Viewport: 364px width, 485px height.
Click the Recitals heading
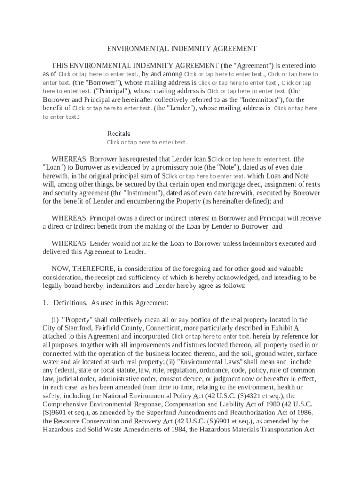[118, 134]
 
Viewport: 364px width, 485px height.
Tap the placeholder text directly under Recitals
[147, 142]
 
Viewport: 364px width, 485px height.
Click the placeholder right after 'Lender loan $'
[251, 159]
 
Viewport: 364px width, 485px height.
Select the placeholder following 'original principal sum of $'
[205, 176]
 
